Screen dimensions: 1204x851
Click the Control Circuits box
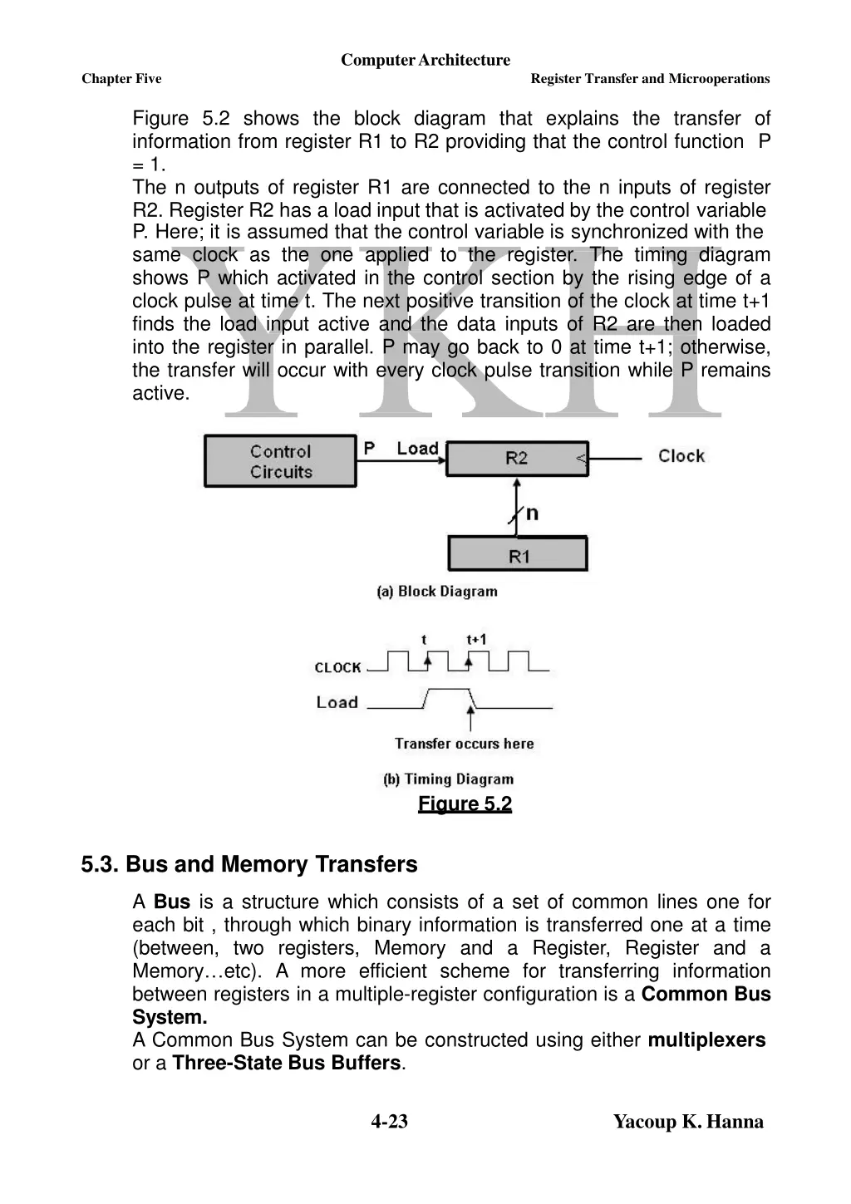280,461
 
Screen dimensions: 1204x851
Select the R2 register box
516,458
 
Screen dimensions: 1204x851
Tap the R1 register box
519,555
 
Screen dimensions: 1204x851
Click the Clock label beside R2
681,456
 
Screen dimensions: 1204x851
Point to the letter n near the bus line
533,513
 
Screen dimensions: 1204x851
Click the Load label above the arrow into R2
417,449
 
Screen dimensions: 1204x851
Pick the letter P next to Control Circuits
370,449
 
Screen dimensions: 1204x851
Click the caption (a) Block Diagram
437,592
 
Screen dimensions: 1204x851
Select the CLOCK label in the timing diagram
337,667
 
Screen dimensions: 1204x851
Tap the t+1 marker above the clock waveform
476,639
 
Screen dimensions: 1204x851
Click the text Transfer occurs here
464,744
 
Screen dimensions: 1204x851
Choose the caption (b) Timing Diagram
449,779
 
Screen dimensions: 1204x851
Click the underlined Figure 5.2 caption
465,803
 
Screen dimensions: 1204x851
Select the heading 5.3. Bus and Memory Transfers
249,864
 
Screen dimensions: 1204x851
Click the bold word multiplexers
706,1040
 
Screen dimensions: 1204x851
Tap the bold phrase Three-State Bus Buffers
287,1063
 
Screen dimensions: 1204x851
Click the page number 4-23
389,1122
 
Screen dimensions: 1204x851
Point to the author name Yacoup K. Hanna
688,1122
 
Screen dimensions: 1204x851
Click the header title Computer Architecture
425,60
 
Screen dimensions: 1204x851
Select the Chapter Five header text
121,79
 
